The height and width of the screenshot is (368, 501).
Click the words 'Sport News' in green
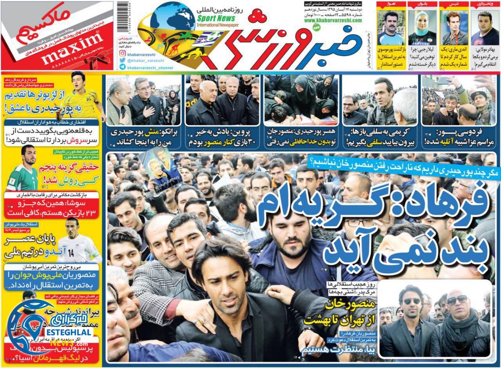coord(216,18)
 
